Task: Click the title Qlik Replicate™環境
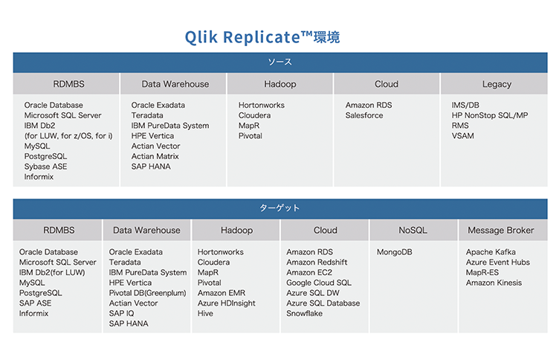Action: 262,36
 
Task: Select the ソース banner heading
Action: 279,62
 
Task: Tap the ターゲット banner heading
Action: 279,208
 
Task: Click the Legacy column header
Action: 497,84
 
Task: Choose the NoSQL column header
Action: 413,230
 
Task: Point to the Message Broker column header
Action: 501,230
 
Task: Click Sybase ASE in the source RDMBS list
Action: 45,167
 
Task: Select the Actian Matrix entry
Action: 155,156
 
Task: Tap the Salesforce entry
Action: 364,115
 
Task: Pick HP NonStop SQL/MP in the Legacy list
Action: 490,115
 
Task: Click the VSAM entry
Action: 463,136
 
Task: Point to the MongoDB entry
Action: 394,252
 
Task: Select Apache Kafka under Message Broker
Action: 491,252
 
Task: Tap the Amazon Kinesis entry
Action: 494,283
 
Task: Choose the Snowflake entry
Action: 305,313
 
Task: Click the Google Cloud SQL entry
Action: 319,283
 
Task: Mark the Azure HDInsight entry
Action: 227,303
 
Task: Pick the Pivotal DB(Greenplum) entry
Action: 148,293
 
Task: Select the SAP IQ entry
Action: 122,313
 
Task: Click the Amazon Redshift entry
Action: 317,263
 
